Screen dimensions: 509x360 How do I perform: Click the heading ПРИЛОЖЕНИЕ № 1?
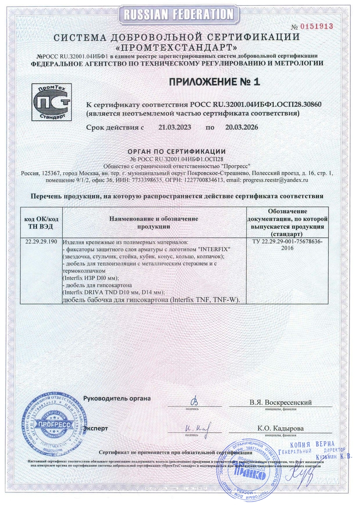214,82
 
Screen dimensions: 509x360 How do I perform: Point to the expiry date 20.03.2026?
241,128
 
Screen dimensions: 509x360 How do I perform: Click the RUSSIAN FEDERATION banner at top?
180,15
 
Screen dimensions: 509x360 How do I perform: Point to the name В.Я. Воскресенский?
280,402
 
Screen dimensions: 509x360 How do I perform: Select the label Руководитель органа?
117,398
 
